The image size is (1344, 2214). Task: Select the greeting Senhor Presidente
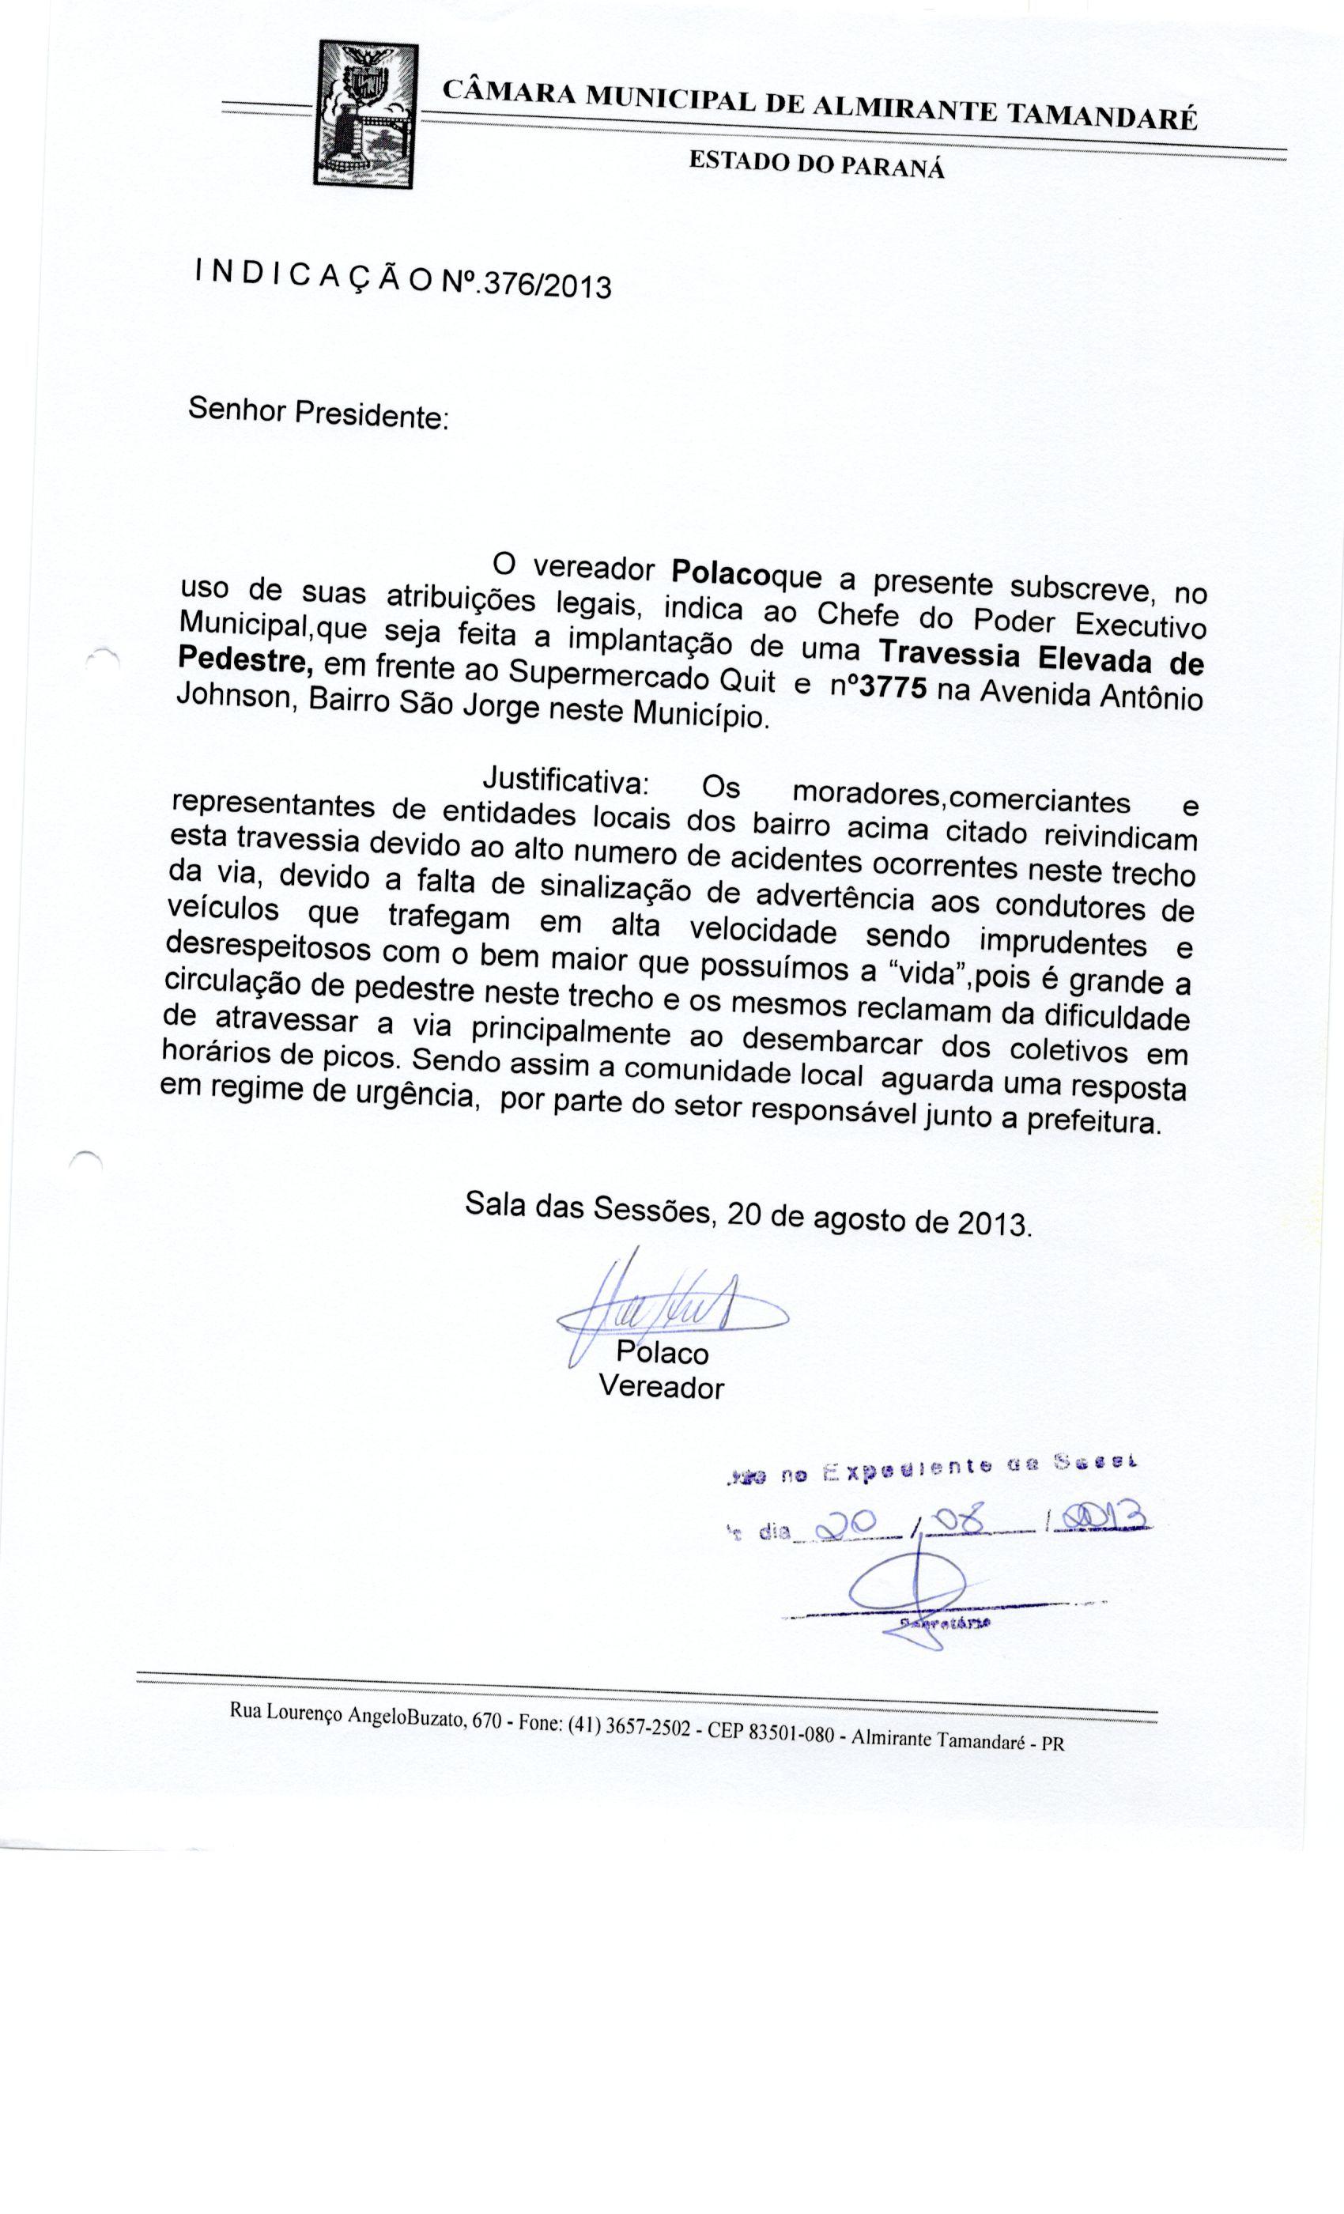317,414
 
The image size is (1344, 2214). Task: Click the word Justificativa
566,777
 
